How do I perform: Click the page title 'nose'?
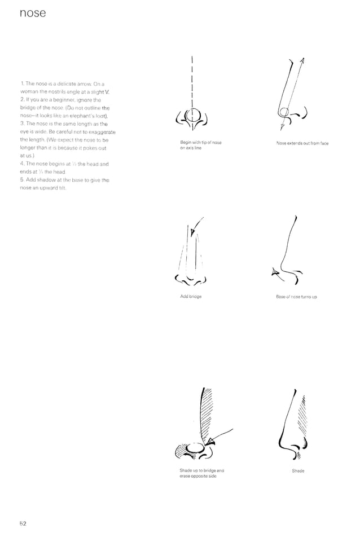tap(32, 13)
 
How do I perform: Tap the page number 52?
tap(23, 522)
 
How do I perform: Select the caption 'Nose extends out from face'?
tap(302, 143)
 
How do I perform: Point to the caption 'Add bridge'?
tap(190, 296)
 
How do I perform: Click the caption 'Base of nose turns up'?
tap(296, 296)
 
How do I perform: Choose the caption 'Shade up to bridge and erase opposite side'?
tap(201, 473)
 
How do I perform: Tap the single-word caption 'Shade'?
tap(298, 470)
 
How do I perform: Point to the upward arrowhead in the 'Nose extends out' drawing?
tap(302, 61)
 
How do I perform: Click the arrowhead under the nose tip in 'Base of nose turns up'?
tap(275, 273)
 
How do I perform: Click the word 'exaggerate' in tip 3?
tap(102, 131)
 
